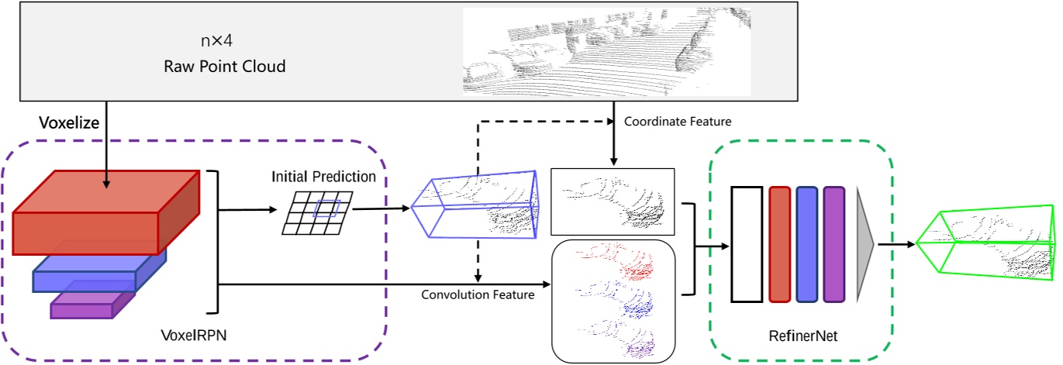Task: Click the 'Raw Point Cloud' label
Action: (224, 66)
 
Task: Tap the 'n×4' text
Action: (217, 40)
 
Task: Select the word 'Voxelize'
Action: (69, 122)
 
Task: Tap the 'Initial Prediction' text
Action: (323, 177)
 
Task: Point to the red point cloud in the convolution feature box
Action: (620, 263)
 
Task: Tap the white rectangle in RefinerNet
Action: (747, 244)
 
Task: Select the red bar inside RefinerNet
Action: (779, 244)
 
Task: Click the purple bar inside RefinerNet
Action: (833, 244)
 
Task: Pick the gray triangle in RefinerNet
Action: (864, 244)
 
